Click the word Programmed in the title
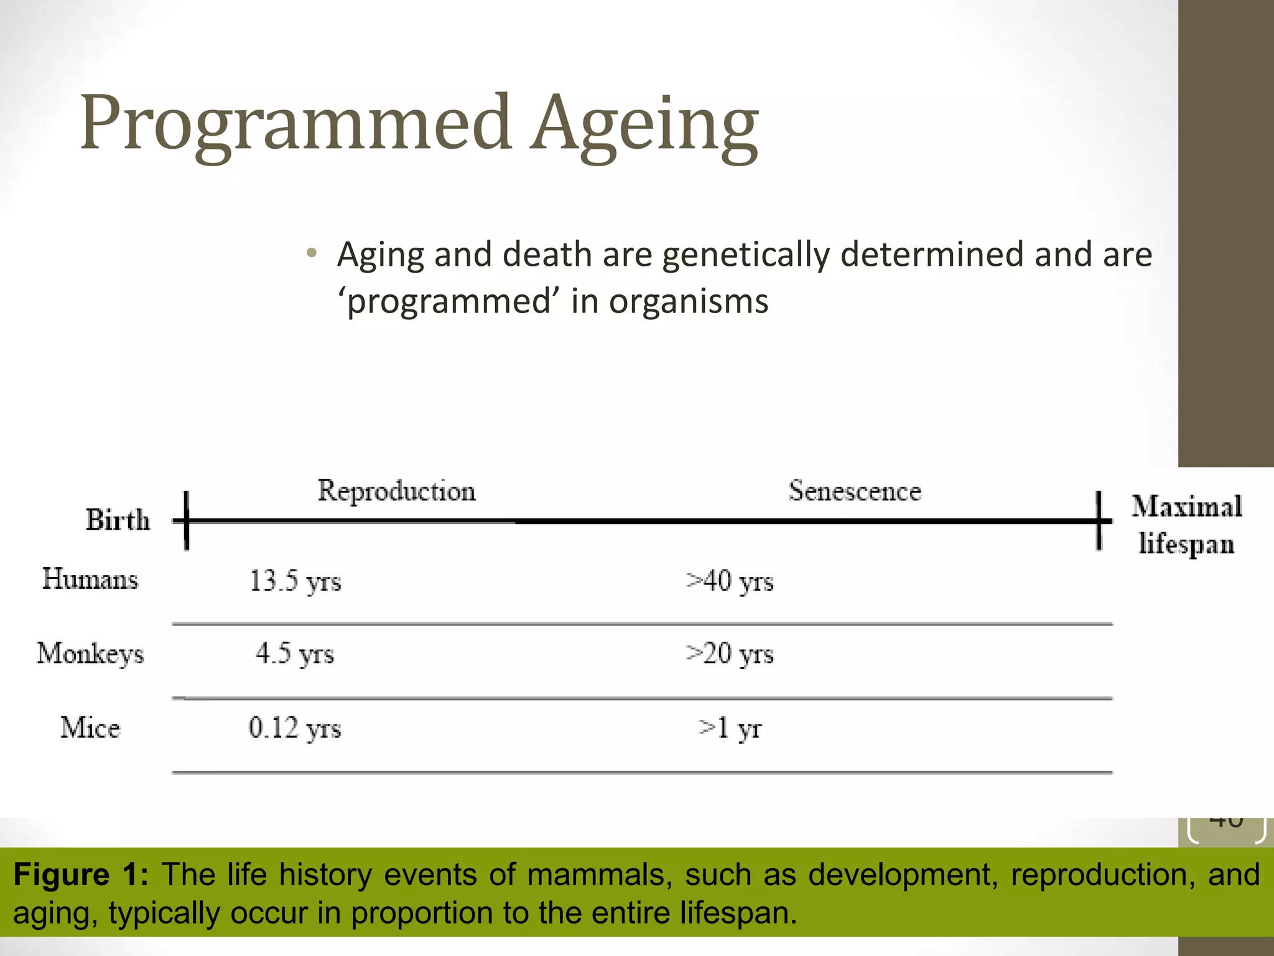click(295, 123)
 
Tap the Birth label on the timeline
click(118, 520)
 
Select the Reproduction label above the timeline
click(397, 491)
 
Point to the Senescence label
click(855, 491)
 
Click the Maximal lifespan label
click(1186, 525)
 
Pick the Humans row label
click(90, 579)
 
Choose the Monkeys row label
click(90, 654)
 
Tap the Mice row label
click(90, 728)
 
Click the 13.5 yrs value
click(295, 581)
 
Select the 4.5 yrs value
click(295, 654)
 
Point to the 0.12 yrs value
click(295, 728)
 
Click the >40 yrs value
click(730, 581)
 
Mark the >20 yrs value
click(730, 654)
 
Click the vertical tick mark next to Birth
click(186, 520)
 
